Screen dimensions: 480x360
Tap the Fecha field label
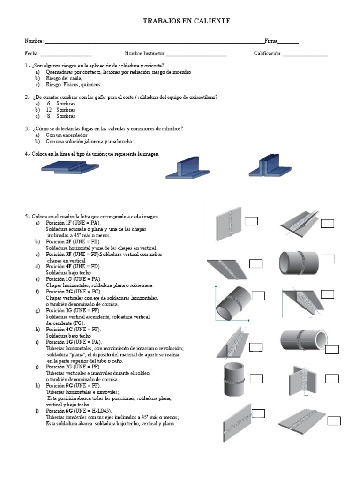click(32, 54)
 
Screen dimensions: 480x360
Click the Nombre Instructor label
click(145, 54)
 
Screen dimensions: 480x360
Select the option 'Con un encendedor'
click(67, 135)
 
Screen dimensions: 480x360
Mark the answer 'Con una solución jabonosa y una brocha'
click(89, 141)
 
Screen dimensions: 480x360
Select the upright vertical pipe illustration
click(233, 380)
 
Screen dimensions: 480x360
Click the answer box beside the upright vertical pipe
click(256, 378)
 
